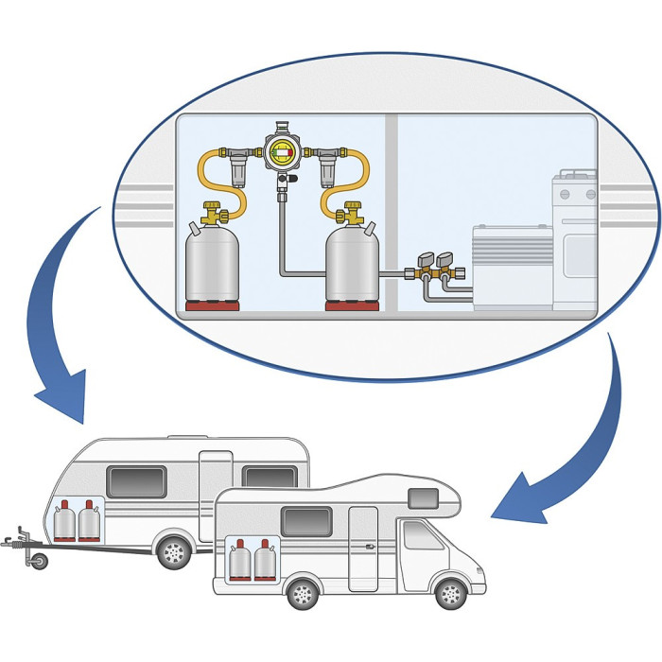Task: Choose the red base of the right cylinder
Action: pyautogui.click(x=352, y=306)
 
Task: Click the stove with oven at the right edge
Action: pyautogui.click(x=575, y=241)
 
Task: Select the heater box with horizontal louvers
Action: pyautogui.click(x=512, y=265)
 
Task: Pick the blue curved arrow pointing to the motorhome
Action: pyautogui.click(x=577, y=444)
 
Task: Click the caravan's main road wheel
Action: pyautogui.click(x=173, y=550)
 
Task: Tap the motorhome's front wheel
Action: pyautogui.click(x=450, y=594)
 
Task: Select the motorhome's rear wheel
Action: pyautogui.click(x=302, y=594)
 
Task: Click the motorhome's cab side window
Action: pyautogui.click(x=421, y=536)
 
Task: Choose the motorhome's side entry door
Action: pyautogui.click(x=363, y=549)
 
